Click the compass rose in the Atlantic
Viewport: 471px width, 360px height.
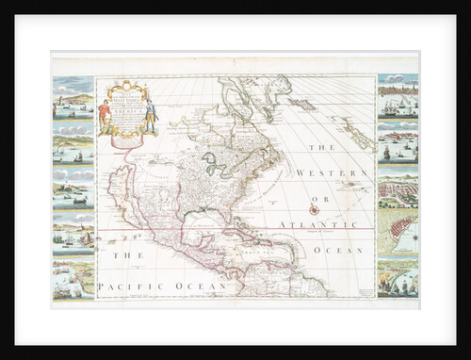[312, 209]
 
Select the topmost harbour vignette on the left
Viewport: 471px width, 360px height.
[73, 95]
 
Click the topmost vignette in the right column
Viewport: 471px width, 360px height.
[397, 97]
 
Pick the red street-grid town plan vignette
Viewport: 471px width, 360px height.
[397, 231]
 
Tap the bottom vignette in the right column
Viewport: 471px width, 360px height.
[397, 277]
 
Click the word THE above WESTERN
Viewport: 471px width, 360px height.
[324, 148]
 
